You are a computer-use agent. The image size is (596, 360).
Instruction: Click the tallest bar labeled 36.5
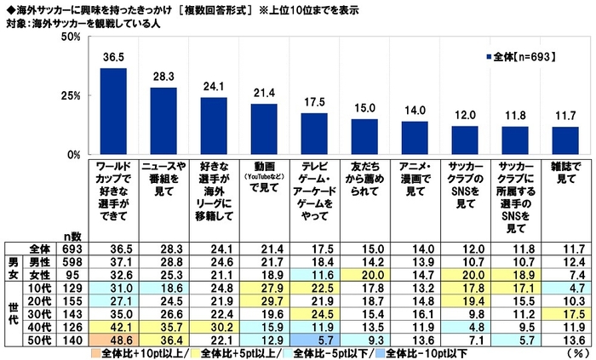click(x=113, y=111)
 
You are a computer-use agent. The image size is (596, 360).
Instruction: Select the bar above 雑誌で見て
click(x=565, y=141)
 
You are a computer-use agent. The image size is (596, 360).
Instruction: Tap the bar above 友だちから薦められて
click(x=364, y=137)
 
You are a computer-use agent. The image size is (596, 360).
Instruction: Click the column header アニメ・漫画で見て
click(x=414, y=174)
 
